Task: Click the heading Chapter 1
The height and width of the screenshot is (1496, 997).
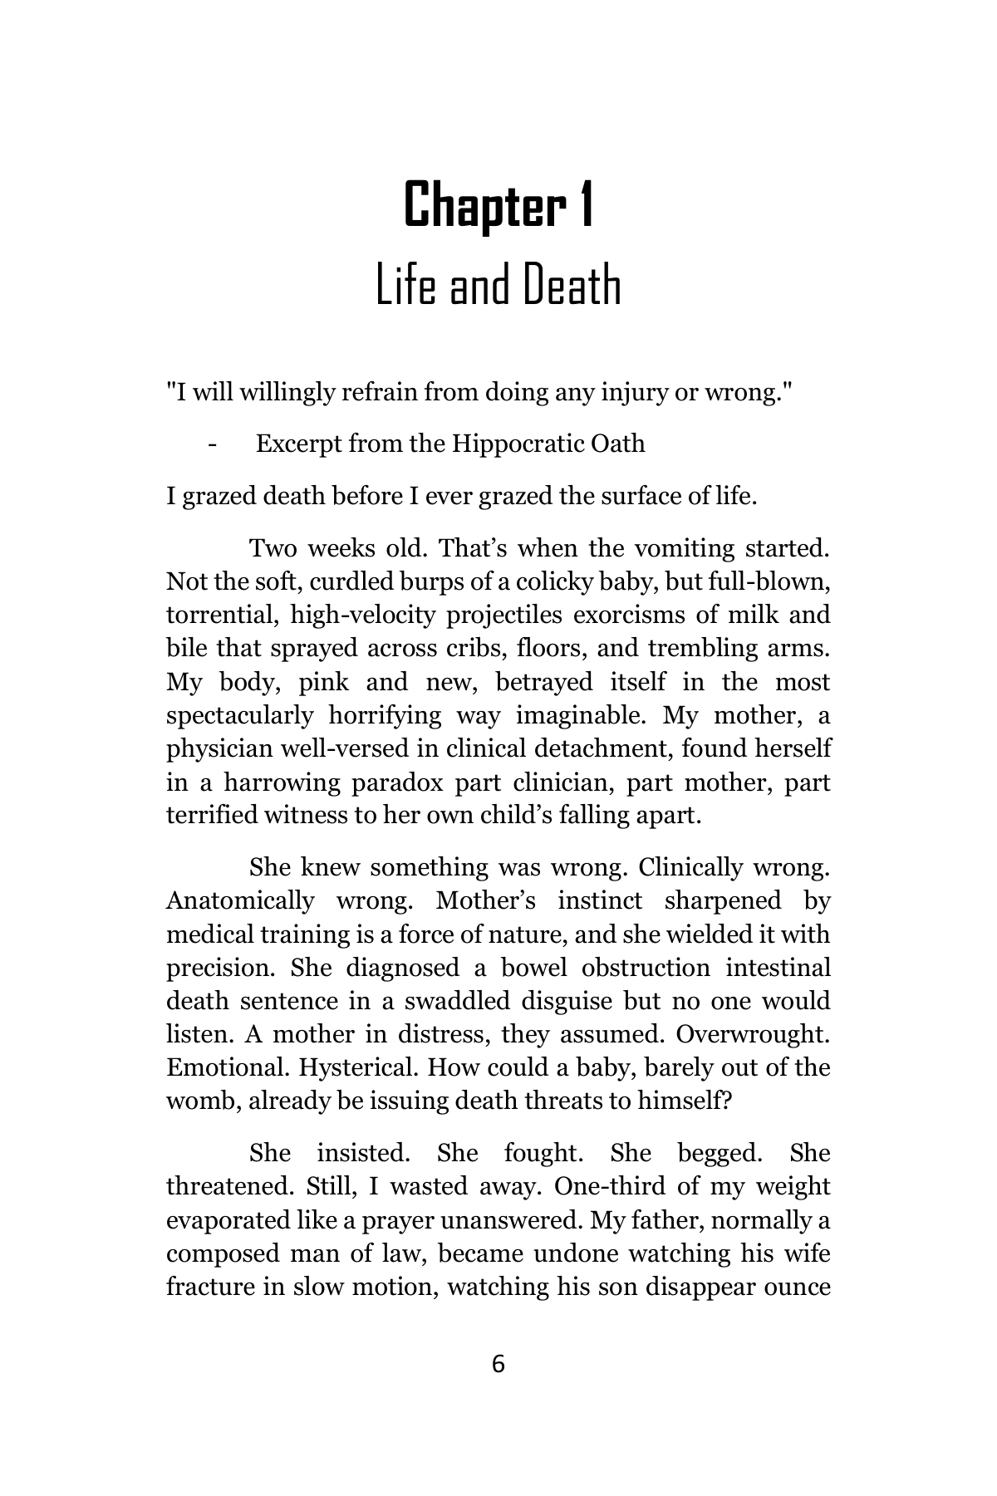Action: [498, 206]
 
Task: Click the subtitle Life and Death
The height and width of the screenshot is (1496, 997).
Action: [498, 286]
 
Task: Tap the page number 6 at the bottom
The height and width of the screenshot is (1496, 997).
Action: [498, 1364]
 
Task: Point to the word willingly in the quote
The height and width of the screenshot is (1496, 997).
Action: [285, 391]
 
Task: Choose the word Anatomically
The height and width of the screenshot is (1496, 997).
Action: [240, 900]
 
